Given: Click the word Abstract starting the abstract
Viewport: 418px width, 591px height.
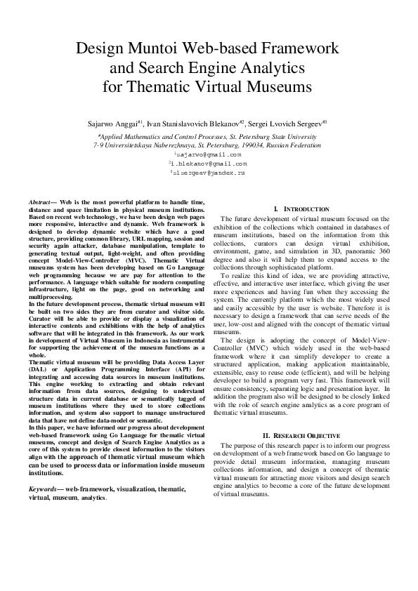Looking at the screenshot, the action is (x=41, y=201).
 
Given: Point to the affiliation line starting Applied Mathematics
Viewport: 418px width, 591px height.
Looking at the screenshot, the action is (x=209, y=135).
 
